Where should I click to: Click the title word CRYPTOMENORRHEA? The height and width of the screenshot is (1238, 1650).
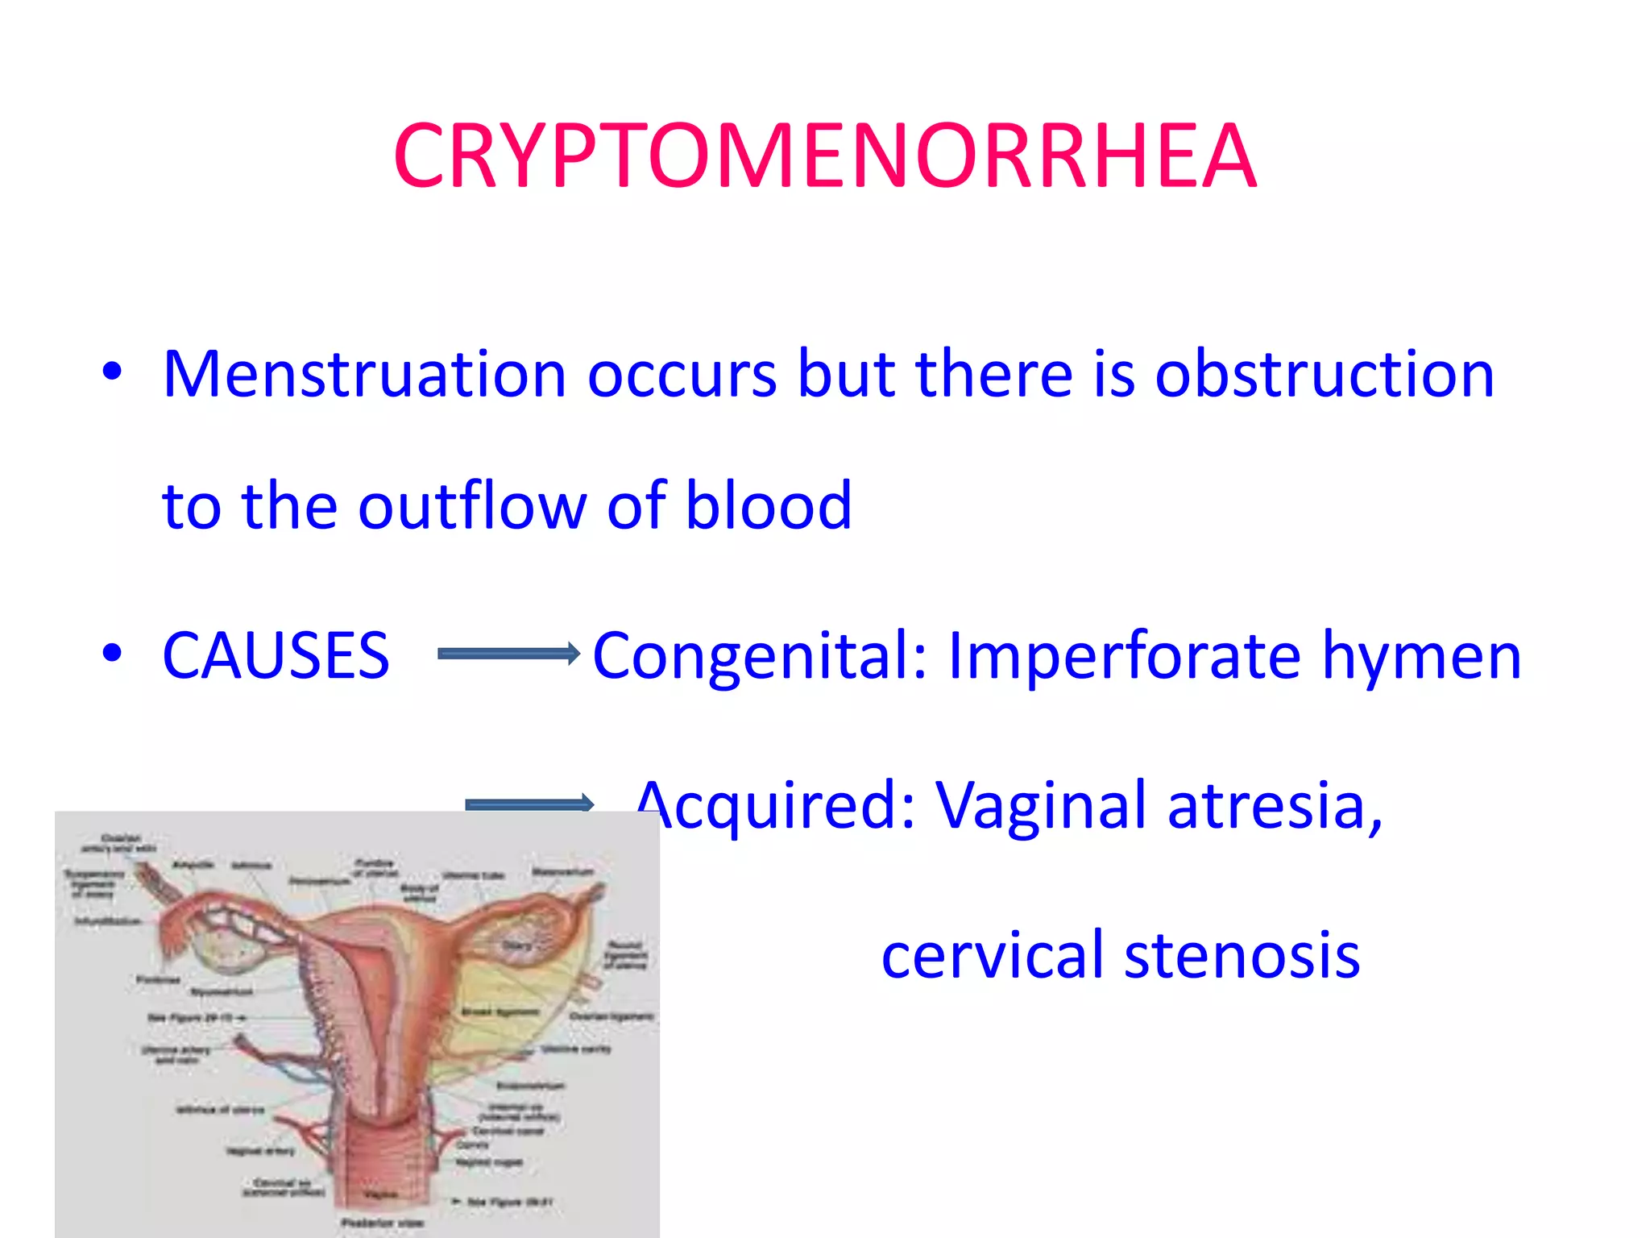click(x=824, y=156)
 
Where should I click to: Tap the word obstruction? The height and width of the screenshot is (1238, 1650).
click(x=1325, y=375)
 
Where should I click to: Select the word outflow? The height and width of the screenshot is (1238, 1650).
click(x=471, y=506)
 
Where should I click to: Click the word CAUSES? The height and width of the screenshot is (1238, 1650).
click(x=276, y=655)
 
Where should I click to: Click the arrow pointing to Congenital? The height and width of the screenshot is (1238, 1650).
click(x=508, y=654)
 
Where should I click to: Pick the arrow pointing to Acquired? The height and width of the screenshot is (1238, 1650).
click(x=529, y=804)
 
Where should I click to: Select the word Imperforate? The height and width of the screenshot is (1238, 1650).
click(x=1124, y=655)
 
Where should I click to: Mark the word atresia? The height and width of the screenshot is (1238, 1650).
click(x=1274, y=806)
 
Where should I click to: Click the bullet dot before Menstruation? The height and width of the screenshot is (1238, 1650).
click(x=112, y=372)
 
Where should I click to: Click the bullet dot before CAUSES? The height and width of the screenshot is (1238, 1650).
click(x=112, y=652)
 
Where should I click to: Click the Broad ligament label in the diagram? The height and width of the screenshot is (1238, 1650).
click(x=500, y=1012)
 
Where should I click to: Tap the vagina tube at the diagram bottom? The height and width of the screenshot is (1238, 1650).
click(x=379, y=1169)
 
